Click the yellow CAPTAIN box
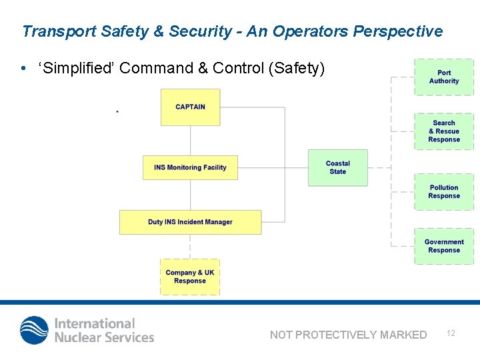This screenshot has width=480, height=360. point(190,107)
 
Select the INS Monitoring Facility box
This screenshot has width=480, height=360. point(190,167)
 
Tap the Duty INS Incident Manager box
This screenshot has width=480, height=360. point(190,222)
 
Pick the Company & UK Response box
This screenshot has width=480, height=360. point(190,277)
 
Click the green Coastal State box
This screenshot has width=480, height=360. point(337,167)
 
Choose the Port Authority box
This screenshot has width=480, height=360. point(444,77)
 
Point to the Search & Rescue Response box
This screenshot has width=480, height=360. point(444,131)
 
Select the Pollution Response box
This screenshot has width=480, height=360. point(444,192)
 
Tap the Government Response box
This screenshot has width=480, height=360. point(444,246)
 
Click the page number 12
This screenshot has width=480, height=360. point(451,333)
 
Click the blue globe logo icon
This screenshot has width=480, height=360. point(34,330)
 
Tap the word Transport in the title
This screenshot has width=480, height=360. point(59,31)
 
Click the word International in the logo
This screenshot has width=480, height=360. point(95,323)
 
